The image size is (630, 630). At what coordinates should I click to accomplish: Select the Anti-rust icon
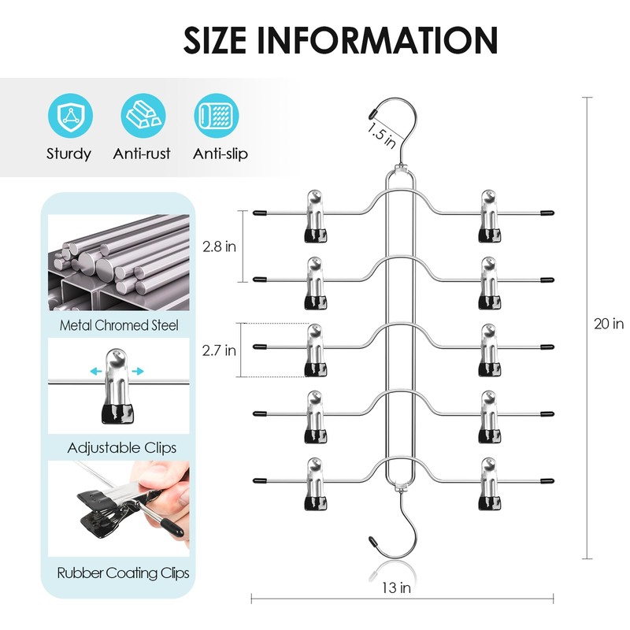tap(142, 116)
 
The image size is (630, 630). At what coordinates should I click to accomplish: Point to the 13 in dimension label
tap(401, 587)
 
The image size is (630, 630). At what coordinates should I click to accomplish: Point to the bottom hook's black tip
tap(373, 543)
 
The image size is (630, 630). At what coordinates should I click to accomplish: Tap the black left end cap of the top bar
tap(259, 213)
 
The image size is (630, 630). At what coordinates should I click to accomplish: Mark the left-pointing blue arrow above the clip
tap(95, 370)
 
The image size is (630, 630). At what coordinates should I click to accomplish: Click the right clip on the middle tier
tap(488, 350)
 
